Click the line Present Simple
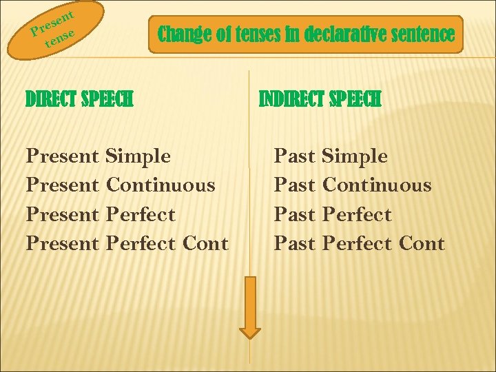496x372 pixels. [98, 156]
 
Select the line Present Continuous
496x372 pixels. [121, 185]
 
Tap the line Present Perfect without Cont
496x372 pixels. [101, 214]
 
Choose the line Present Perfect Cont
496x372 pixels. [127, 243]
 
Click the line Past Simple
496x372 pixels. [331, 156]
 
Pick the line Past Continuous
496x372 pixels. [353, 185]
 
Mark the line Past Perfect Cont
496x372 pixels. [359, 243]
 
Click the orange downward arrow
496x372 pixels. [251, 307]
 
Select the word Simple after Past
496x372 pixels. [355, 156]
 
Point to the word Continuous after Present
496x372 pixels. [161, 185]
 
